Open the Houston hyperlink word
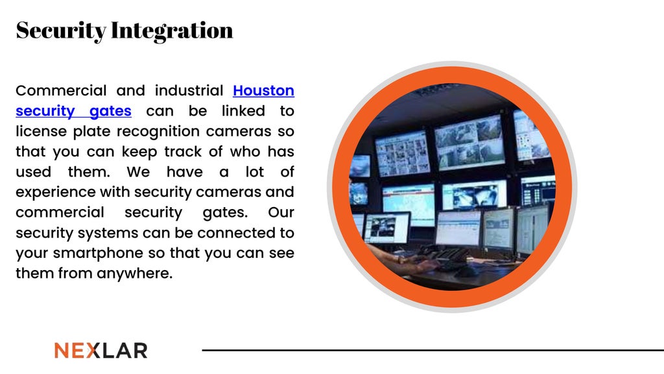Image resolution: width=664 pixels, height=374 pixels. point(263,90)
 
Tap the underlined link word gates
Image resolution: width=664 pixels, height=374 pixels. point(110,111)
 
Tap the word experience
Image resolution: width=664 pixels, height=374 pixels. point(53,192)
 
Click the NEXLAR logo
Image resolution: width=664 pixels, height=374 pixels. point(101,351)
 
